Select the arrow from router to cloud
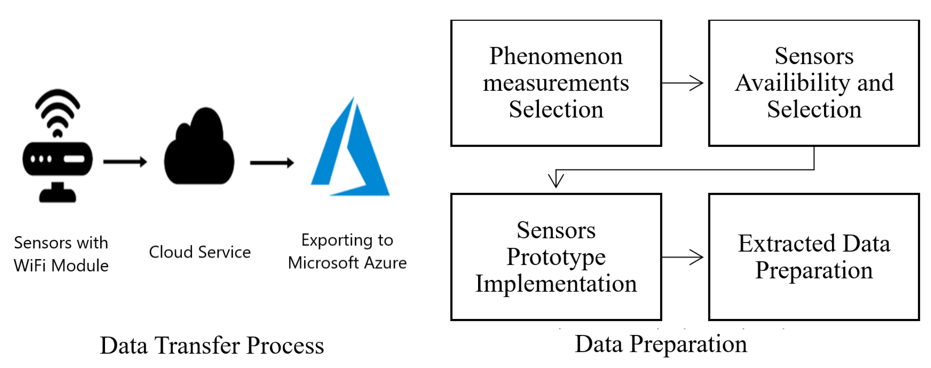[x=125, y=162]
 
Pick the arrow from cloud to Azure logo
[x=272, y=163]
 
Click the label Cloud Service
[x=200, y=252]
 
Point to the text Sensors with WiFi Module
[x=61, y=254]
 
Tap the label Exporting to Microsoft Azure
[x=347, y=251]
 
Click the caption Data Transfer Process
[x=212, y=345]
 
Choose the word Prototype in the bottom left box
[x=556, y=257]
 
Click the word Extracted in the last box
[x=786, y=243]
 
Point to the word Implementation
[x=556, y=284]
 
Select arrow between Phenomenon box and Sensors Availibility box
[x=682, y=83]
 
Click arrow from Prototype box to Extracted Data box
[x=682, y=257]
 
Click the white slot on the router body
[x=74, y=159]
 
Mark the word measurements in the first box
[x=556, y=83]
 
